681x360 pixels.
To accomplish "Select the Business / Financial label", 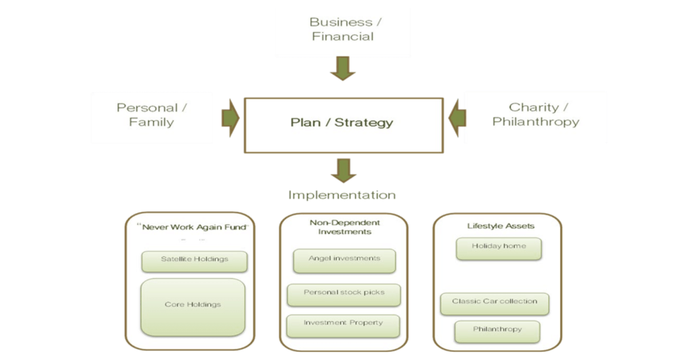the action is click(345, 29).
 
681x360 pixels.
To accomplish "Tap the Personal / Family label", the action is click(152, 114).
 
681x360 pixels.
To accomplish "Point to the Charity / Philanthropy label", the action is click(535, 114).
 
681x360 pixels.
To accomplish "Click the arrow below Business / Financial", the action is click(342, 69).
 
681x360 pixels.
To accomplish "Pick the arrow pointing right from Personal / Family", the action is click(230, 118).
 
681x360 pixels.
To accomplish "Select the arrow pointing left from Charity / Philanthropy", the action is click(457, 118).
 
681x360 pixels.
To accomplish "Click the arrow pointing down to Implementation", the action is click(344, 170).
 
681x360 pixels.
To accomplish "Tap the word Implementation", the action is click(342, 195).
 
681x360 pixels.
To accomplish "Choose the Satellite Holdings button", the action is click(194, 262).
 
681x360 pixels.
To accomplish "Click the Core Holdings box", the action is click(193, 307).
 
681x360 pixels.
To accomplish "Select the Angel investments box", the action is click(344, 261).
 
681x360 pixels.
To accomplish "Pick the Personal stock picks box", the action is click(344, 295).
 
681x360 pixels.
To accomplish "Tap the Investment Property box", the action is click(343, 326).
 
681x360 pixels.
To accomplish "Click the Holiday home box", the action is click(499, 249).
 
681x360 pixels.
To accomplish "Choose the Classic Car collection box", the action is click(495, 304).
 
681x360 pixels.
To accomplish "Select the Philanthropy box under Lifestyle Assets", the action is click(497, 332).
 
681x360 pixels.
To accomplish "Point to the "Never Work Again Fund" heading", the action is click(193, 227).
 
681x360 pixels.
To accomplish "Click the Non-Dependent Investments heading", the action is click(344, 227).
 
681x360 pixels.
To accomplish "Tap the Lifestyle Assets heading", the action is click(501, 226).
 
